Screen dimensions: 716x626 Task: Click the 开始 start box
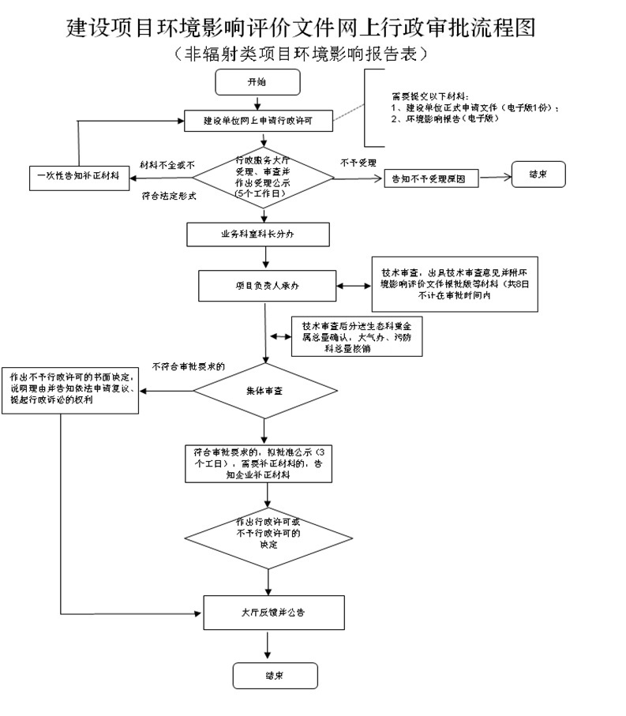pyautogui.click(x=257, y=82)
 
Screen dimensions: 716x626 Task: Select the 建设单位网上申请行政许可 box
pyautogui.click(x=258, y=121)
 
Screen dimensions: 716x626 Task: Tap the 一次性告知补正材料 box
pyautogui.click(x=78, y=175)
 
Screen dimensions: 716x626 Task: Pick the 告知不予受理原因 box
pyautogui.click(x=431, y=179)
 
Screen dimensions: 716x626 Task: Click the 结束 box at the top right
pyautogui.click(x=538, y=174)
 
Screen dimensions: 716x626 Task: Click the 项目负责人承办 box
pyautogui.click(x=267, y=286)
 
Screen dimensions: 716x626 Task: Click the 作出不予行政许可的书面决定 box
pyautogui.click(x=71, y=389)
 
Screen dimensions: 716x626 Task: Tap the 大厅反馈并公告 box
pyautogui.click(x=273, y=612)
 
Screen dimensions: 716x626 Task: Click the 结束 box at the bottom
pyautogui.click(x=275, y=676)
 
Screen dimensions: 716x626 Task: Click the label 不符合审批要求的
pyautogui.click(x=188, y=366)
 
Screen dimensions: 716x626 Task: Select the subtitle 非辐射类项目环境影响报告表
pyautogui.click(x=302, y=54)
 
